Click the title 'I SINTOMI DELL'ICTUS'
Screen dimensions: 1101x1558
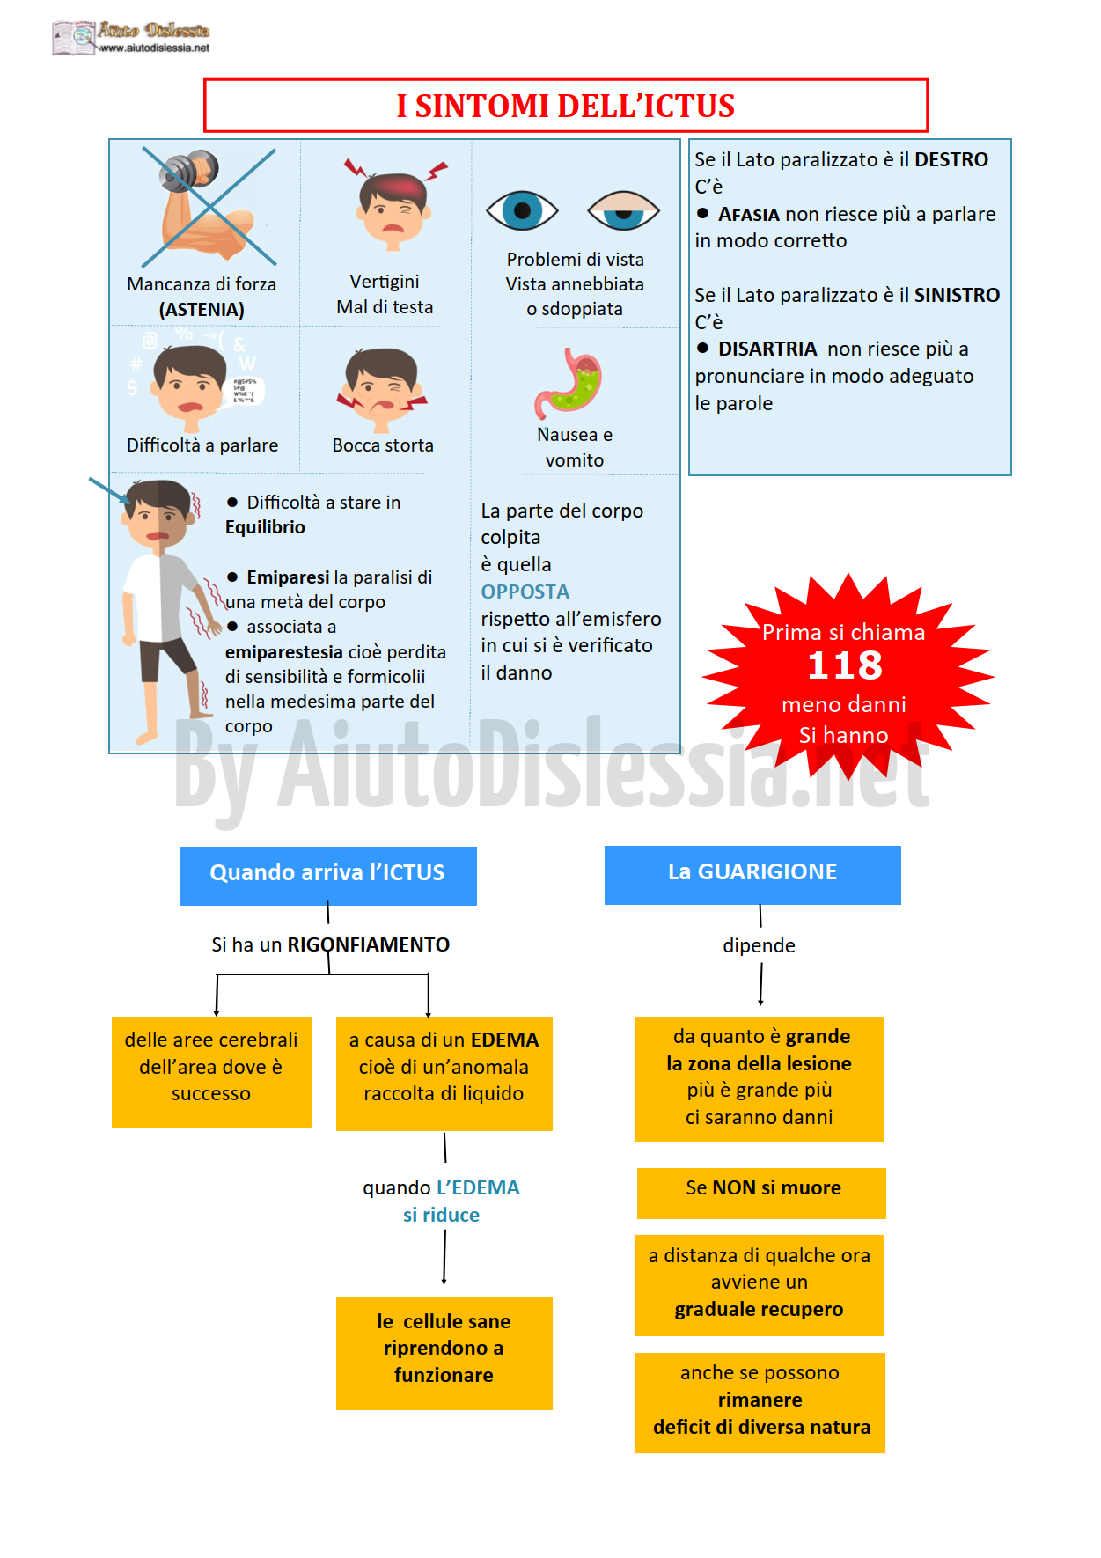point(565,106)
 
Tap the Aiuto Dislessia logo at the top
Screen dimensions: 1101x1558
point(131,38)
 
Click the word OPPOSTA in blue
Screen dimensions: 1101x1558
point(525,592)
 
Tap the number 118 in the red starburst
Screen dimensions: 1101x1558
point(845,665)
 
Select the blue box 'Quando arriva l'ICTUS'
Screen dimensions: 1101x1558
point(328,876)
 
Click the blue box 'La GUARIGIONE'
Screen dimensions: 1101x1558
point(752,875)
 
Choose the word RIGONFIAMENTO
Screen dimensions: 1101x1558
point(368,944)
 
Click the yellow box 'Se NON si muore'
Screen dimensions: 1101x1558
point(761,1193)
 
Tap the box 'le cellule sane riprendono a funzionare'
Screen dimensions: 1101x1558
point(444,1353)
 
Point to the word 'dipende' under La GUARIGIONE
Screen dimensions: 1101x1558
point(759,946)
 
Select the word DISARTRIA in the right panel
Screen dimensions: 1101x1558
point(767,349)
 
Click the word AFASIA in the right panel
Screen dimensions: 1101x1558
point(749,215)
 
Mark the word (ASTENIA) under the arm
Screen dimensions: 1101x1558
point(202,310)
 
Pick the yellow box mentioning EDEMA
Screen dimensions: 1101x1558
point(444,1074)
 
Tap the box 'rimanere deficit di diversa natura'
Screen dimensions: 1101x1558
point(760,1403)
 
